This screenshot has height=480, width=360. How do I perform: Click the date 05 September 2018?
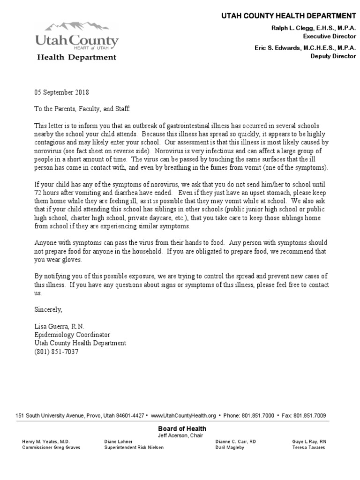click(61, 92)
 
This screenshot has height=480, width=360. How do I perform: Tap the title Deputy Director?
click(333, 56)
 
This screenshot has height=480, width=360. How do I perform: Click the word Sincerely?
click(48, 309)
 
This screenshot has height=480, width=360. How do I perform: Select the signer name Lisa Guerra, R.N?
click(60, 326)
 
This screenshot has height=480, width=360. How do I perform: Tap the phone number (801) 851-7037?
click(56, 351)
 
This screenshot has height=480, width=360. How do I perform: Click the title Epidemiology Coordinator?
click(72, 335)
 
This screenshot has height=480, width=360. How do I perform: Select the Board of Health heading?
click(182, 428)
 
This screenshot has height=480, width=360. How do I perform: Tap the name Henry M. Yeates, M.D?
click(45, 442)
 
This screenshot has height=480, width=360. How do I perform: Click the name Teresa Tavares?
click(309, 447)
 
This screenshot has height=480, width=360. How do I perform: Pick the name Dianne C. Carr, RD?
click(236, 442)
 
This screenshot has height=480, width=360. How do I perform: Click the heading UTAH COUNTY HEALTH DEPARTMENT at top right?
click(288, 16)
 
